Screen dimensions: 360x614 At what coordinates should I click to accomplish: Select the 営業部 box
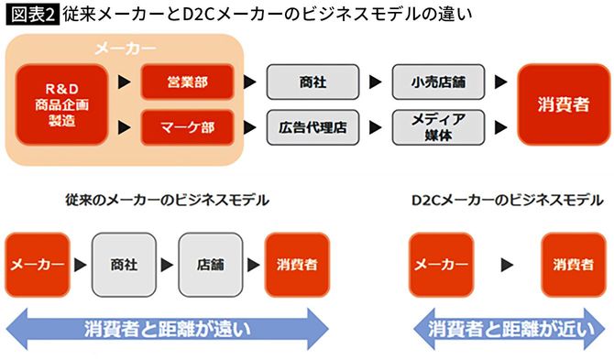coord(188,82)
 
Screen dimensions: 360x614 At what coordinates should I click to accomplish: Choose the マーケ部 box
coord(188,126)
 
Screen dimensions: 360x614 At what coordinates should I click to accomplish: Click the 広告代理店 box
coord(308,126)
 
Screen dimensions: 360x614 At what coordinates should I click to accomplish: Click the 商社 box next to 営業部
coord(308,82)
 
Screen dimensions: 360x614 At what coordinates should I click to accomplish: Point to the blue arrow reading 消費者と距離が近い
coord(510,328)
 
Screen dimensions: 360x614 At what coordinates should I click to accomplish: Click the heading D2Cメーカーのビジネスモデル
coord(507,200)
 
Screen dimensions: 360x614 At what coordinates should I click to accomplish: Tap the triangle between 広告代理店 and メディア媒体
coord(373,126)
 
